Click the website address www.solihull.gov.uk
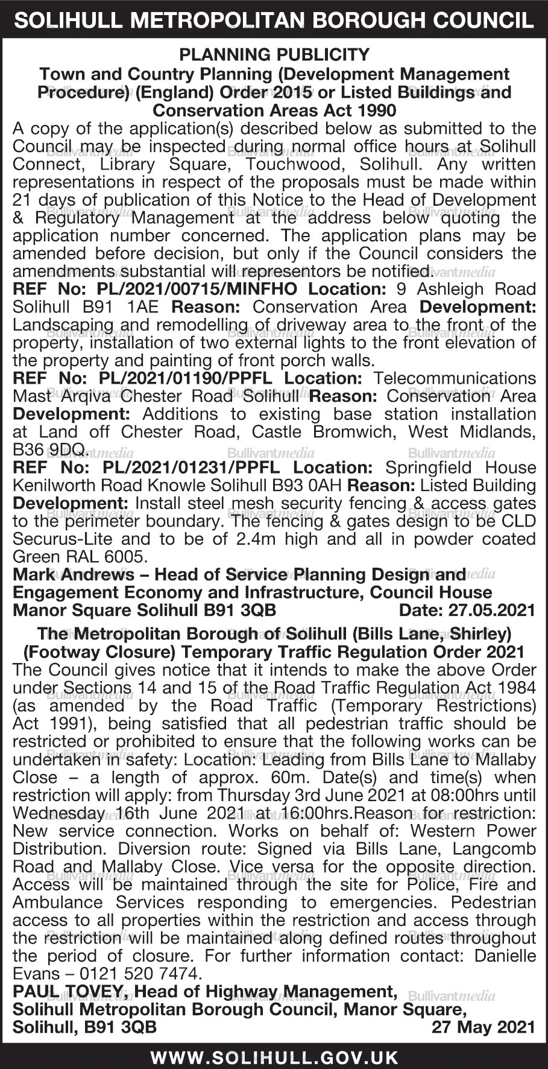tap(274, 1057)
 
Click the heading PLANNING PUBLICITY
tap(274, 56)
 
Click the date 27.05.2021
tap(491, 610)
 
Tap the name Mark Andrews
tap(74, 574)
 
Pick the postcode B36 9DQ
tap(49, 450)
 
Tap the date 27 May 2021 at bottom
tap(483, 1027)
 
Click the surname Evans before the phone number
tap(36, 973)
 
